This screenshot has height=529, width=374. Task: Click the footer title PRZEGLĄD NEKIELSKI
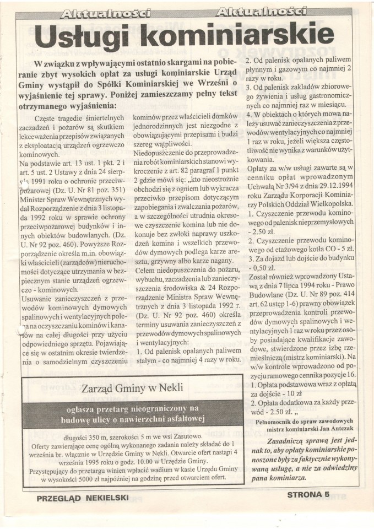pos(82,498)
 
